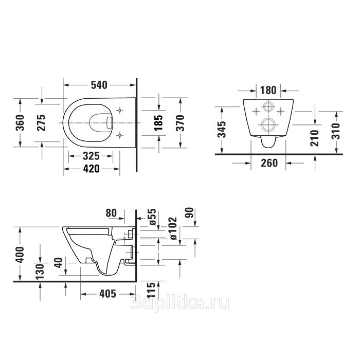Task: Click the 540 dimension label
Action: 99,85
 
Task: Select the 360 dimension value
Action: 20,122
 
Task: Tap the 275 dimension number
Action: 41,122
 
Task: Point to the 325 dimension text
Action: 91,156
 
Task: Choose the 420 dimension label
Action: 91,169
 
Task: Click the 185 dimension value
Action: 158,122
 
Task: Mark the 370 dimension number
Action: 180,122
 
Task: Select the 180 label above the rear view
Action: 268,90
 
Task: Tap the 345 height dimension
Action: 222,129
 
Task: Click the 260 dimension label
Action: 269,163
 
